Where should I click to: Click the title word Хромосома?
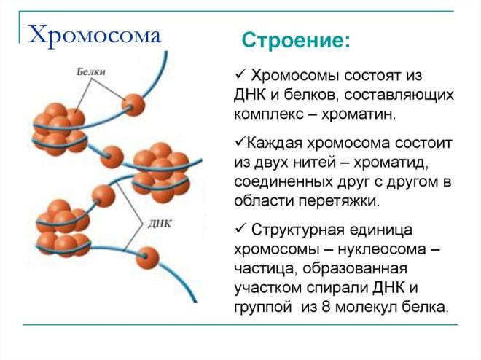point(95,35)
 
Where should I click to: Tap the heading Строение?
point(296,40)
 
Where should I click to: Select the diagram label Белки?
point(91,71)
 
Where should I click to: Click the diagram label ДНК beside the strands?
point(159,224)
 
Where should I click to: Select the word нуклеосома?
point(382,249)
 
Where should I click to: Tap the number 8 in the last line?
point(326,307)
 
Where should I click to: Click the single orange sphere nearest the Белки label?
point(133,105)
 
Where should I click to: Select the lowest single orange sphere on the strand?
point(147,258)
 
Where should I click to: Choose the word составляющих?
point(399,95)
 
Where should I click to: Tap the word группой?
point(262,308)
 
